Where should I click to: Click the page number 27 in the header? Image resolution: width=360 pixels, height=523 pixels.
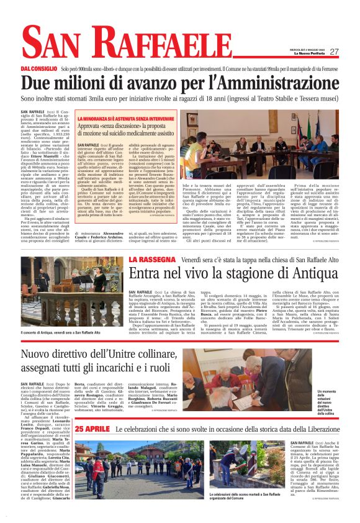334,52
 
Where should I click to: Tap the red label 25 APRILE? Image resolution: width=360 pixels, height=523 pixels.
92,446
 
